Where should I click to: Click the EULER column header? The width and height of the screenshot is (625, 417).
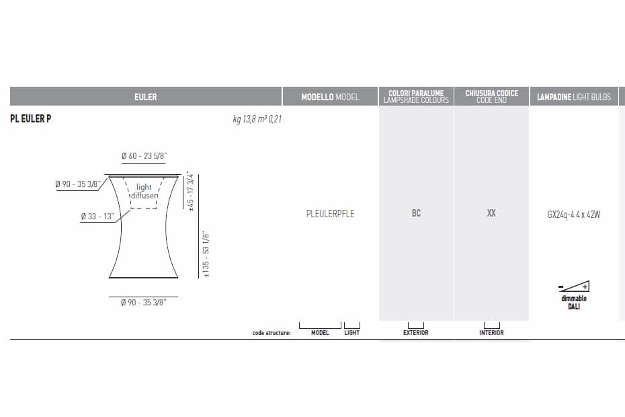pyautogui.click(x=145, y=97)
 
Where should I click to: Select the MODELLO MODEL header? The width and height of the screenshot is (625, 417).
pyautogui.click(x=330, y=97)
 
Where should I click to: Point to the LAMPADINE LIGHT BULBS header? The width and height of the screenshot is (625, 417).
pyautogui.click(x=573, y=97)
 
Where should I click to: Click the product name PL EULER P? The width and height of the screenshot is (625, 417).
pyautogui.click(x=31, y=118)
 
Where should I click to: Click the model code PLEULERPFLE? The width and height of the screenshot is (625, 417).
pyautogui.click(x=330, y=213)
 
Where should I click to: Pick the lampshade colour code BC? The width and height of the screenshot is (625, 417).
pyautogui.click(x=416, y=213)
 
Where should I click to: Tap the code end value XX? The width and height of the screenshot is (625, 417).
pyautogui.click(x=491, y=213)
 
